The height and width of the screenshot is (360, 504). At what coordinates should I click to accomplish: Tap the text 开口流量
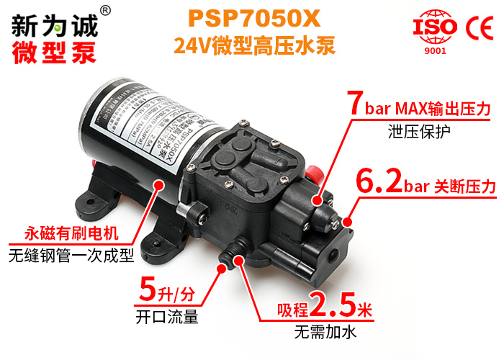click(166, 317)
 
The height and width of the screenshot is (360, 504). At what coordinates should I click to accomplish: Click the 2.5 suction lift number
click(332, 306)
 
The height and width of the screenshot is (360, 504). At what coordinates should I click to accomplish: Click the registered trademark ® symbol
click(105, 10)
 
